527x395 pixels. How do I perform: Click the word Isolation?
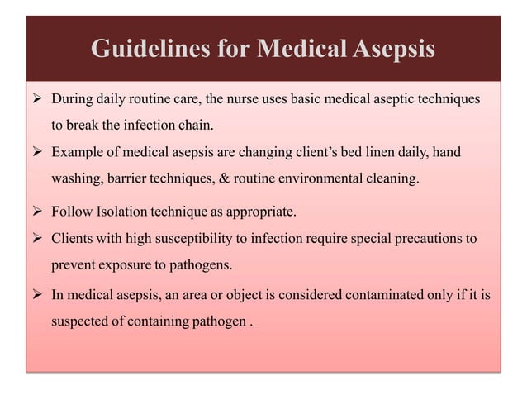(117, 213)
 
